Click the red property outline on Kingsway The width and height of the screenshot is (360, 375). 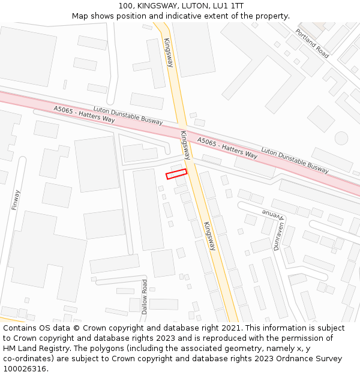(x=176, y=174)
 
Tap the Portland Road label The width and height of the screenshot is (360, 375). (x=312, y=43)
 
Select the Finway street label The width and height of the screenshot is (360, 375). (x=16, y=200)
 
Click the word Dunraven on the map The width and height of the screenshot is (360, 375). (x=279, y=236)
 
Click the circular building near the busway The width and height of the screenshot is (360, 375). (x=341, y=138)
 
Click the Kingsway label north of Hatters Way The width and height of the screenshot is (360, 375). (x=168, y=52)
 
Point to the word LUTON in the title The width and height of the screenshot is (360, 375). (x=180, y=5)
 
